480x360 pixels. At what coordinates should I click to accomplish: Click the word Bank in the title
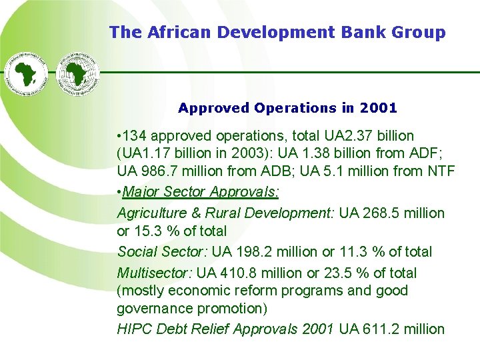tap(345, 31)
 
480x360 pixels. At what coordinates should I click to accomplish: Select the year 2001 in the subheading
tap(378, 107)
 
